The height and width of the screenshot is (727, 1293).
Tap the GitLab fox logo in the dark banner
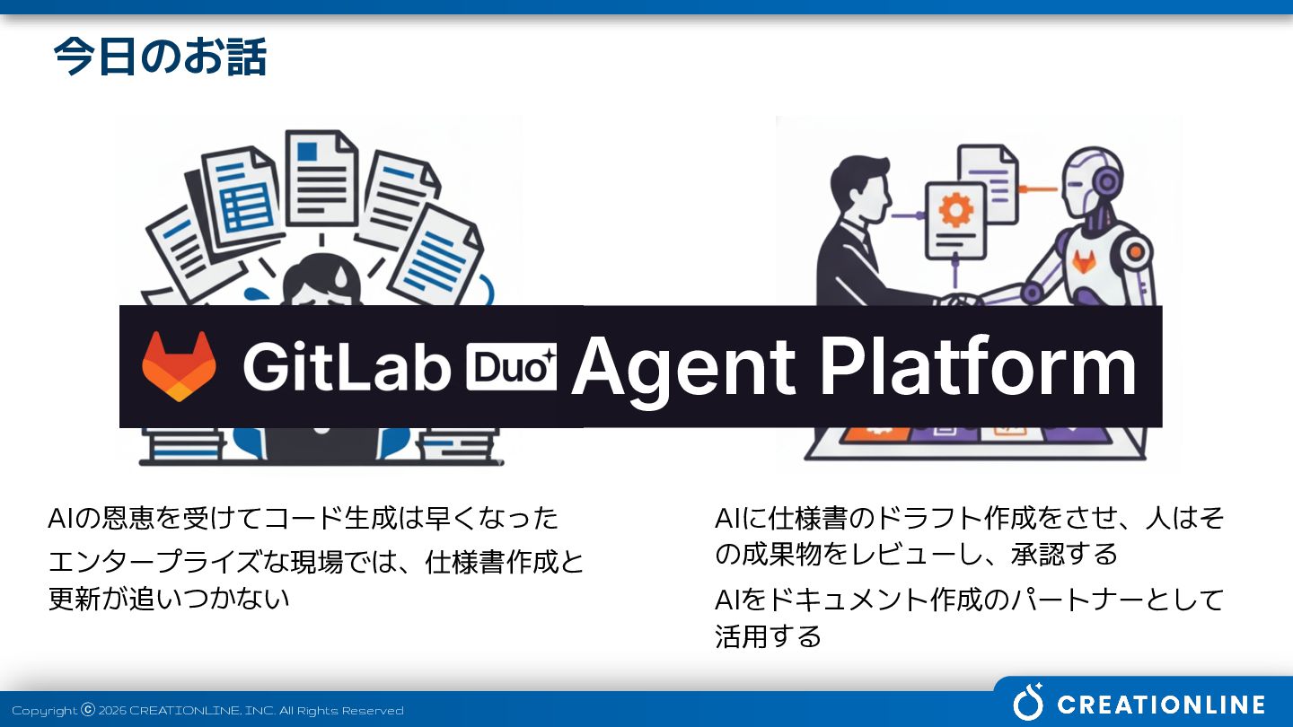pyautogui.click(x=179, y=366)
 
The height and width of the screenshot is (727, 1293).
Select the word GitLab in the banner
pyautogui.click(x=346, y=366)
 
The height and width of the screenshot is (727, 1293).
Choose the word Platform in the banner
pyautogui.click(x=978, y=366)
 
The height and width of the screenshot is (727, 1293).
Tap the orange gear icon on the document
pyautogui.click(x=954, y=210)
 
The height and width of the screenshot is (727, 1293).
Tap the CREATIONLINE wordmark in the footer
pyautogui.click(x=1161, y=705)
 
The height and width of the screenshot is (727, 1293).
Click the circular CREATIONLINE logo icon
pyautogui.click(x=1029, y=702)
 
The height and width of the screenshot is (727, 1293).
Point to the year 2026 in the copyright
pyautogui.click(x=112, y=711)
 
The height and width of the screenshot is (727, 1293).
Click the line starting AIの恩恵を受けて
pyautogui.click(x=303, y=518)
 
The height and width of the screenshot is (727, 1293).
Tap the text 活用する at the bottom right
pyautogui.click(x=768, y=636)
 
